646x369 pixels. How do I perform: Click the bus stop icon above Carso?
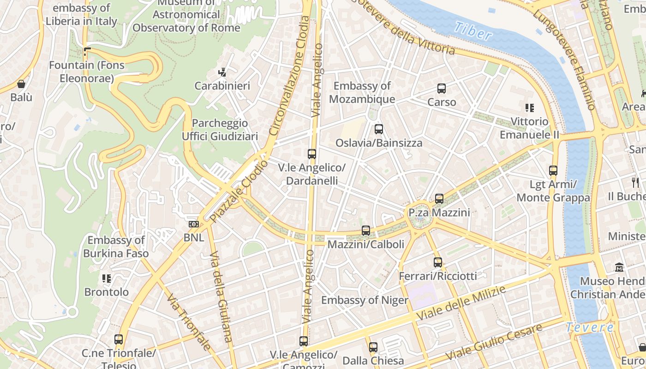coord(442,88)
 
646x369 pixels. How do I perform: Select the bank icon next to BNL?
coord(194,224)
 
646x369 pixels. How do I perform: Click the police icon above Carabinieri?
coord(222,72)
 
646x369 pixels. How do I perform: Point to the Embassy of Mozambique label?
coord(362,92)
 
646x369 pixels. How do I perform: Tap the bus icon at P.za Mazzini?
coord(439,199)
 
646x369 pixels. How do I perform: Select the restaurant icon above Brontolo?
coord(107,278)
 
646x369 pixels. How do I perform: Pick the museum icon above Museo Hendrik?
coord(619,267)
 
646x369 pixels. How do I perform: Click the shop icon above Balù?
coord(21,84)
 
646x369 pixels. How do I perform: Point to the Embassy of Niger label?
coord(365,300)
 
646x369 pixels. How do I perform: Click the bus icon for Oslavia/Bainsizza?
coord(379,129)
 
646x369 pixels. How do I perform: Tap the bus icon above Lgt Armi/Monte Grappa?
coord(553,171)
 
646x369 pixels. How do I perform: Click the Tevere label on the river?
coord(590,327)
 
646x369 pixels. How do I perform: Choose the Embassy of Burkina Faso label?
coord(116,246)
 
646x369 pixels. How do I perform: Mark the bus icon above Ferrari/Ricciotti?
coord(438,262)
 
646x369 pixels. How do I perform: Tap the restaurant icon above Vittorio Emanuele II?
coord(530,108)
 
